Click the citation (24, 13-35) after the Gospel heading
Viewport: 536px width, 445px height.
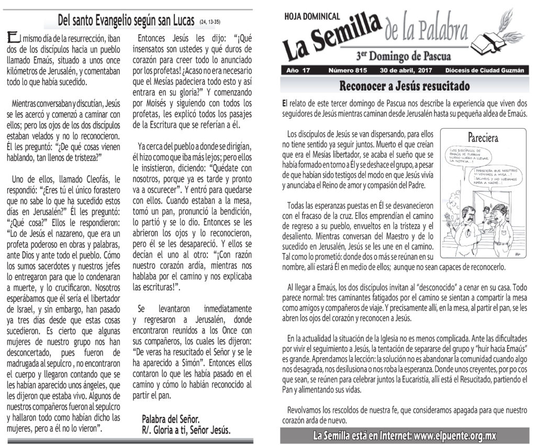tap(210, 23)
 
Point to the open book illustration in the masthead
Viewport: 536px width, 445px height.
tap(488, 41)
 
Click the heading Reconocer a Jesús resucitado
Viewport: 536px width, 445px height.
tap(404, 86)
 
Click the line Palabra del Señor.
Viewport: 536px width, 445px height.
tap(170, 419)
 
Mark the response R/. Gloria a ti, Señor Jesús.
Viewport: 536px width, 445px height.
tap(186, 430)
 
